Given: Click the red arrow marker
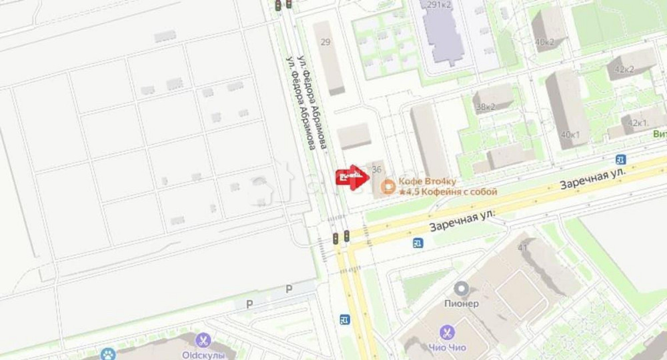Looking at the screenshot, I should point(351,178).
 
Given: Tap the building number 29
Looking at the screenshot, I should point(325,42).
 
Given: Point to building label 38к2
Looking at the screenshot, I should point(485,107).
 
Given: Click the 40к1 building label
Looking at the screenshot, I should point(570,135).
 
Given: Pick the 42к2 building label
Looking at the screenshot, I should point(624,69).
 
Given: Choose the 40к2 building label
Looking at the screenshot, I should point(544,41).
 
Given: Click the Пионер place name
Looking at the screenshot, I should point(461,304).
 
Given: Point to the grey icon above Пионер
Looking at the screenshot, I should point(461,289).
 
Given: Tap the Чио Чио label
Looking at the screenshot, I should point(448,347).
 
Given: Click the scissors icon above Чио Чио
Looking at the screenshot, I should point(448,332).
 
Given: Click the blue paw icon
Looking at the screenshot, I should point(107,354).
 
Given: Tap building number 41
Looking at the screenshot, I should point(523,248).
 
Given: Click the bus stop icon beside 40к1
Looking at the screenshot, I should point(621,159).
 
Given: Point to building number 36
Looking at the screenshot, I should point(377,169).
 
